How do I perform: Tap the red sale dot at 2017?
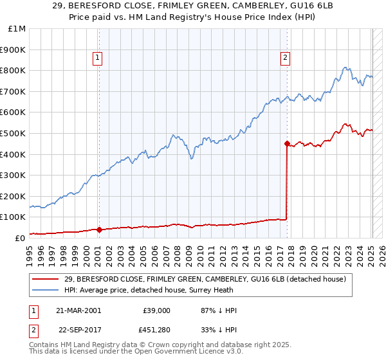pos(287,143)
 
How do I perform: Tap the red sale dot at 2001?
pos(99,230)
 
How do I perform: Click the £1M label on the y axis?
pos(17,28)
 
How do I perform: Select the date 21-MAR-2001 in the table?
pos(78,310)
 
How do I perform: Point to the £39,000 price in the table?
pos(156,310)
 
